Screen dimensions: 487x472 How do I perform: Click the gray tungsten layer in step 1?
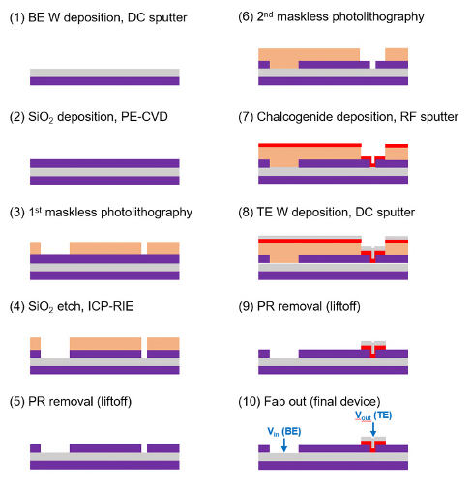104,72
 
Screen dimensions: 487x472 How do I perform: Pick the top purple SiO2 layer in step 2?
104,161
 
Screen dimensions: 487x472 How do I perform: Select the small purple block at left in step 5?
35,449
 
